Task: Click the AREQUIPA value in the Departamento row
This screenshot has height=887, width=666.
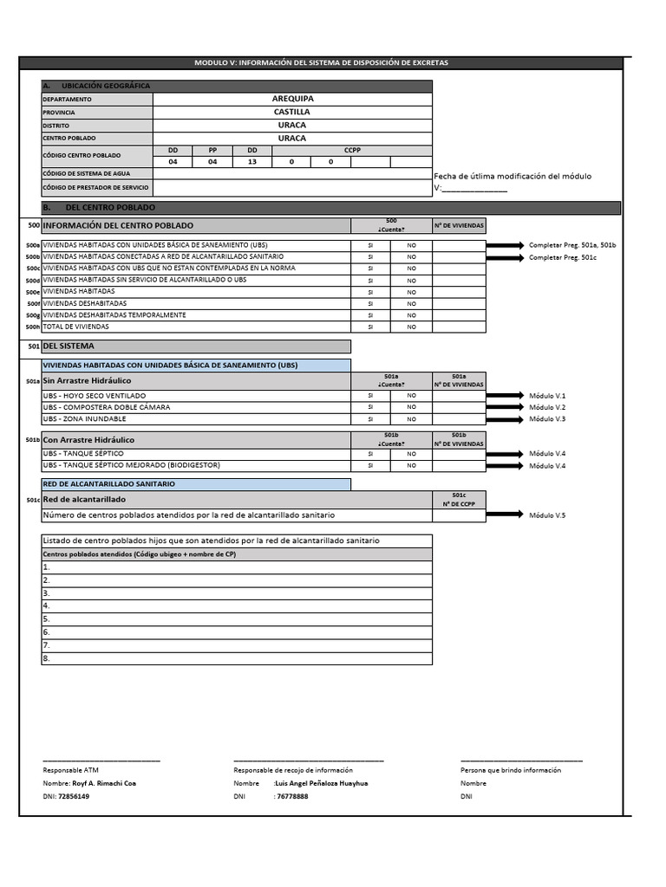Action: pyautogui.click(x=292, y=99)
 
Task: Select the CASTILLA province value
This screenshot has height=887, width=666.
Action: pyautogui.click(x=292, y=112)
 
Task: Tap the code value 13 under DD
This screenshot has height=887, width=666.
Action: pyautogui.click(x=251, y=162)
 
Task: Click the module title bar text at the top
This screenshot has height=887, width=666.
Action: pyautogui.click(x=321, y=63)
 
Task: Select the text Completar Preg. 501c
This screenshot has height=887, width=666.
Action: pyautogui.click(x=562, y=257)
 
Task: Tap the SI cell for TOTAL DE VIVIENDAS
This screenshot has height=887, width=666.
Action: pyautogui.click(x=370, y=327)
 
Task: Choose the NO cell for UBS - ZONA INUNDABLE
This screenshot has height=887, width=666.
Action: pyautogui.click(x=411, y=419)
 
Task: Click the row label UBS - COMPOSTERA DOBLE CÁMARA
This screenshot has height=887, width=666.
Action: pyautogui.click(x=107, y=407)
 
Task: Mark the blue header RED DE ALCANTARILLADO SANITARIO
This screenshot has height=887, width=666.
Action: pyautogui.click(x=109, y=483)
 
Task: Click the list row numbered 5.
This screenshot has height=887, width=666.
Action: pyautogui.click(x=236, y=619)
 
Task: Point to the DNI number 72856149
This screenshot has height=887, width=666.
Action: pyautogui.click(x=73, y=796)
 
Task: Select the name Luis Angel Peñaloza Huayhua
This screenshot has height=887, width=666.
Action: pyautogui.click(x=321, y=783)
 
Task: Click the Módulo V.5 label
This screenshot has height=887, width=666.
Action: pyautogui.click(x=547, y=515)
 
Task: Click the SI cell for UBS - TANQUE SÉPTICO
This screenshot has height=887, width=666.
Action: pyautogui.click(x=370, y=454)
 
